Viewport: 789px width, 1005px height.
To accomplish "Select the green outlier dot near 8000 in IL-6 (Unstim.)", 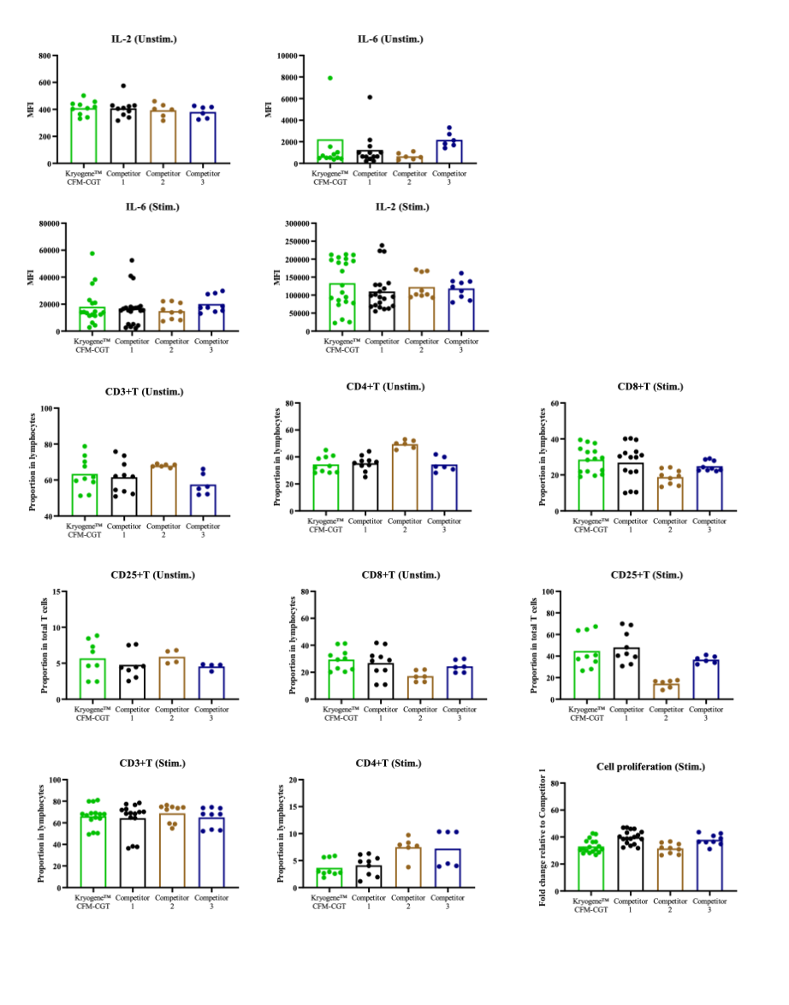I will [329, 78].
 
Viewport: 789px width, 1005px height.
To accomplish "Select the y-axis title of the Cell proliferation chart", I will [543, 837].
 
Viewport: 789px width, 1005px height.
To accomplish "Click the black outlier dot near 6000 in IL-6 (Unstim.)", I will [370, 98].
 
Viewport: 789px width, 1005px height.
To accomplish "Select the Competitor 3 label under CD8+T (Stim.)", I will [704, 525].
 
